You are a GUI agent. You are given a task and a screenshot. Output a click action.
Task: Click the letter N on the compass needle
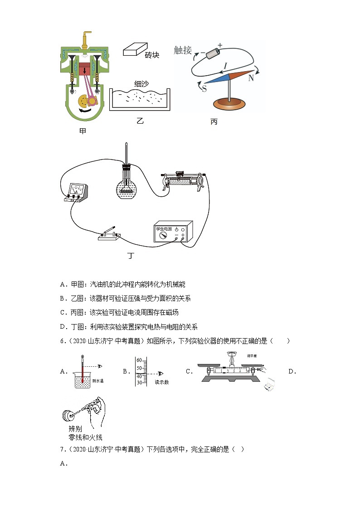point(250,78)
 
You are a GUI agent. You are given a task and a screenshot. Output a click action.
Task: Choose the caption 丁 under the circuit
point(131,256)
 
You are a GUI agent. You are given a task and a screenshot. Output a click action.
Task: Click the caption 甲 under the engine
point(83,131)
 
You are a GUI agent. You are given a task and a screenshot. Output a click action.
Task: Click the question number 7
point(62,449)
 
